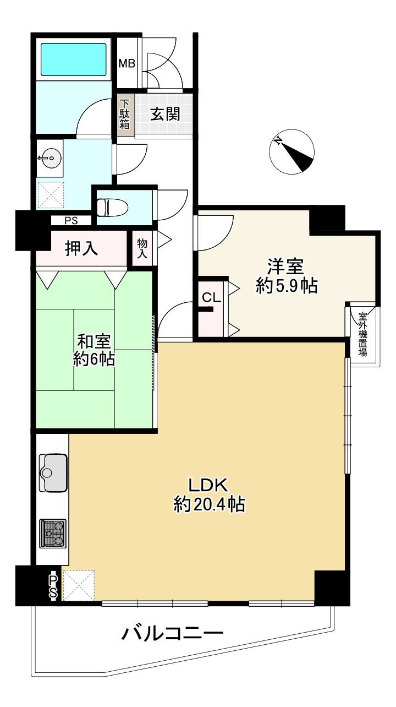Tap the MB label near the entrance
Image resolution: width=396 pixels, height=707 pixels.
point(127,63)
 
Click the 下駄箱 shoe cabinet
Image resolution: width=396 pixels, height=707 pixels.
point(125,115)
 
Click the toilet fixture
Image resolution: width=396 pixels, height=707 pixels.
point(112,207)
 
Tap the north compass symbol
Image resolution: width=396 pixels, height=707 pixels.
point(292,152)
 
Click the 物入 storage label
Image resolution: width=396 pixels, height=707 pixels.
point(142,248)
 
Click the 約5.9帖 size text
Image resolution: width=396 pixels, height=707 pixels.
point(287,286)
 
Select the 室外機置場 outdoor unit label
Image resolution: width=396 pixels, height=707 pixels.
point(363,335)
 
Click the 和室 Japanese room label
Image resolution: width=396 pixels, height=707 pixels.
point(94,341)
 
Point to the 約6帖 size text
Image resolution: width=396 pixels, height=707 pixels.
point(94,360)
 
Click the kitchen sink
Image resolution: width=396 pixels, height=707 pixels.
point(53,472)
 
